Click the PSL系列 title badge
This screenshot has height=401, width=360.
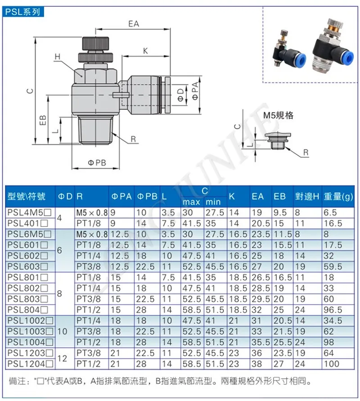(23, 12)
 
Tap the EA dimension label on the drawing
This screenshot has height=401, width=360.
(134, 24)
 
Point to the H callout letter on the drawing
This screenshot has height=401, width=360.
(57, 57)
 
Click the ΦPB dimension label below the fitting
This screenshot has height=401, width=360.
(97, 162)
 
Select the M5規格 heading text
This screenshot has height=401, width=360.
(278, 115)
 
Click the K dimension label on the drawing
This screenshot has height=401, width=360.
(145, 51)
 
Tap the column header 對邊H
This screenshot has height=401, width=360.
(307, 196)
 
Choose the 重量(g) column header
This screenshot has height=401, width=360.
(338, 196)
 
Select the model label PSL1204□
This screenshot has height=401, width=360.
(31, 364)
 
